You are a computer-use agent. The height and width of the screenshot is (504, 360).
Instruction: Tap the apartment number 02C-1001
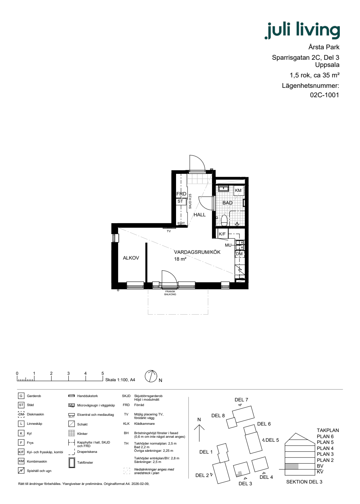[x=324, y=95]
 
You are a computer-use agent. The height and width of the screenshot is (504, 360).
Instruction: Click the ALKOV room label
[x=131, y=258]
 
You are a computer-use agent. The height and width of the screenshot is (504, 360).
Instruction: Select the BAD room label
[x=228, y=203]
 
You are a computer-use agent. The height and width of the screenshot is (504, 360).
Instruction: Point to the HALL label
[x=199, y=215]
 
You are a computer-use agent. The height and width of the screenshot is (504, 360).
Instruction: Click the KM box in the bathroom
[x=238, y=190]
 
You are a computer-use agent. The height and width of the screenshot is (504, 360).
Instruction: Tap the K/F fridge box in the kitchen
[x=222, y=234]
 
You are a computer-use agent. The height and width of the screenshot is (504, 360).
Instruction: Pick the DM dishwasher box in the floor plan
[x=239, y=254]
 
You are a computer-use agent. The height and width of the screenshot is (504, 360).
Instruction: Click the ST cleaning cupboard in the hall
[x=180, y=201]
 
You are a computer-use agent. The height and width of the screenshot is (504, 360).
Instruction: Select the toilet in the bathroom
[x=224, y=220]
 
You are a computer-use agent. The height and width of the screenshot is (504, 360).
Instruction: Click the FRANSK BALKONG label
[x=170, y=293]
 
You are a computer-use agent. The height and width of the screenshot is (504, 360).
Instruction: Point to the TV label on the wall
[x=169, y=231]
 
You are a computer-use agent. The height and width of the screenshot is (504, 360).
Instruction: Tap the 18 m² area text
[x=180, y=259]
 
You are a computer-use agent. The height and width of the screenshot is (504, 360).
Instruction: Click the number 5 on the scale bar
[x=103, y=373]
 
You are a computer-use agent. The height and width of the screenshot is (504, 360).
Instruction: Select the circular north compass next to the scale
[x=151, y=376]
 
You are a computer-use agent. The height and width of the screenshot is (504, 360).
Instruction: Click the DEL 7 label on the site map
[x=241, y=400]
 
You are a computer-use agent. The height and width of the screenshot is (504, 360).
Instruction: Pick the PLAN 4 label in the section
[x=325, y=448]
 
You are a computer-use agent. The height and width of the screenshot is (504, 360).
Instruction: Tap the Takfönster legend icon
[x=72, y=463]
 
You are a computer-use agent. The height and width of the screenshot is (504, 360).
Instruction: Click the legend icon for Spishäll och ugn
[x=21, y=471]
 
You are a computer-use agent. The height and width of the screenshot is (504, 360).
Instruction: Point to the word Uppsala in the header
[x=327, y=65]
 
